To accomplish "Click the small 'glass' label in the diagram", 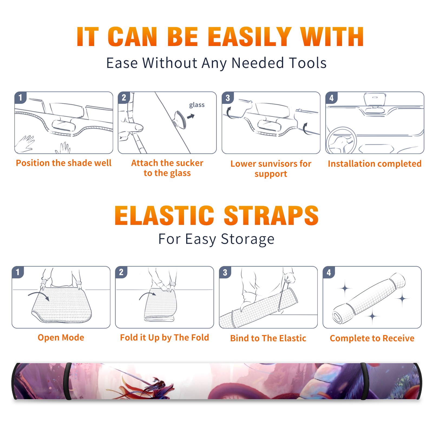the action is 197,105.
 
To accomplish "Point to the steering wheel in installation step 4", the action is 341,141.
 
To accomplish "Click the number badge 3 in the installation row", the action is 228,98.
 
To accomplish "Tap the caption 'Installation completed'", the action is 375,164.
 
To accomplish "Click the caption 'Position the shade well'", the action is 64,163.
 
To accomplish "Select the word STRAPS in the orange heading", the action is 271,215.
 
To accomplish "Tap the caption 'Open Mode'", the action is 61,337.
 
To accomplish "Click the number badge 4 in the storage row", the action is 329,272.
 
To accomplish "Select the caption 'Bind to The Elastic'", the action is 268,338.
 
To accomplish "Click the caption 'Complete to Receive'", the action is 372,338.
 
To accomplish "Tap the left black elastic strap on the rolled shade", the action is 68,381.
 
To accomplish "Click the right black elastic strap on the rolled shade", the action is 364,381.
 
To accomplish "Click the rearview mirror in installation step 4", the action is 375,100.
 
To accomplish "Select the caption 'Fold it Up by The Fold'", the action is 165,337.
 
